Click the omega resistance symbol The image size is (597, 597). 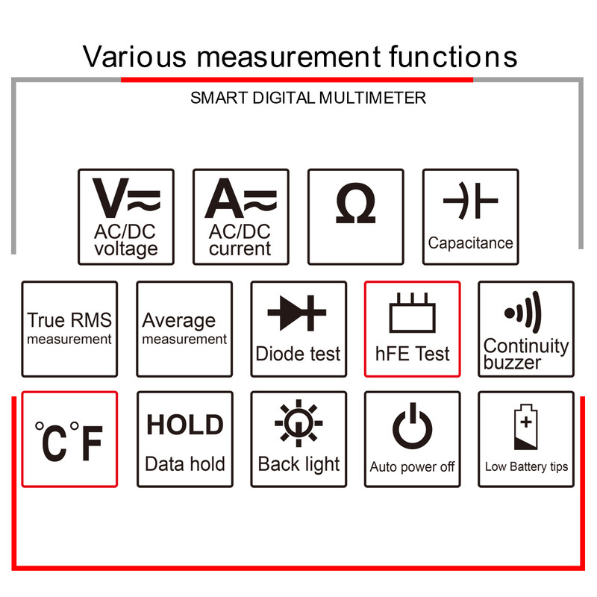[x=356, y=202]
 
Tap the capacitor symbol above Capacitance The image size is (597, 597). [x=471, y=201]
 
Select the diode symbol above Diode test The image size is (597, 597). [x=297, y=313]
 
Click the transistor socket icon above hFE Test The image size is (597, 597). [x=413, y=313]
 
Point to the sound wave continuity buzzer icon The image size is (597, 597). [x=522, y=313]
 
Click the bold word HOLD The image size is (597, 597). [x=185, y=425]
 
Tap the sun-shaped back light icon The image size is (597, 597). [x=298, y=423]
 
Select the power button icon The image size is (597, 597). [x=413, y=426]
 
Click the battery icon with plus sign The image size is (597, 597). [x=526, y=427]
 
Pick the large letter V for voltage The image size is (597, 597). [x=110, y=198]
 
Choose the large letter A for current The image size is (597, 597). [x=225, y=198]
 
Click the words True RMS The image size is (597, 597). [x=69, y=320]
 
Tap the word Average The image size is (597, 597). [x=179, y=322]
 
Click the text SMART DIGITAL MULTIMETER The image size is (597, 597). [x=308, y=98]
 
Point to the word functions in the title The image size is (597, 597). [x=453, y=57]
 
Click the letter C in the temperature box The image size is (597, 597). [x=54, y=443]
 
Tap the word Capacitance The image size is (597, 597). [x=471, y=243]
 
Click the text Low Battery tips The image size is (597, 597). [x=526, y=467]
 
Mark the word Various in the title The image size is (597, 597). [x=134, y=57]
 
